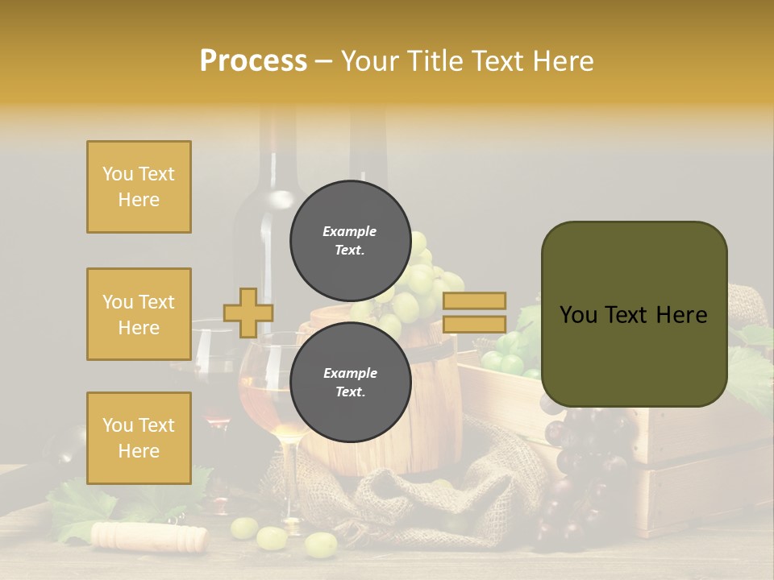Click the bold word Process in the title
coord(253,61)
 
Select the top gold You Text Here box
coord(139,187)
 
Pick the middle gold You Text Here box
coord(139,314)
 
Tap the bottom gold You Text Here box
coord(139,437)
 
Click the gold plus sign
coord(248,313)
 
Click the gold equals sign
coord(474,313)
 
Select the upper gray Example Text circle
coord(350,240)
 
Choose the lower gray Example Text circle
coord(350,382)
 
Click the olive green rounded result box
coord(634,314)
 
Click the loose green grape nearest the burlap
coord(320,545)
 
